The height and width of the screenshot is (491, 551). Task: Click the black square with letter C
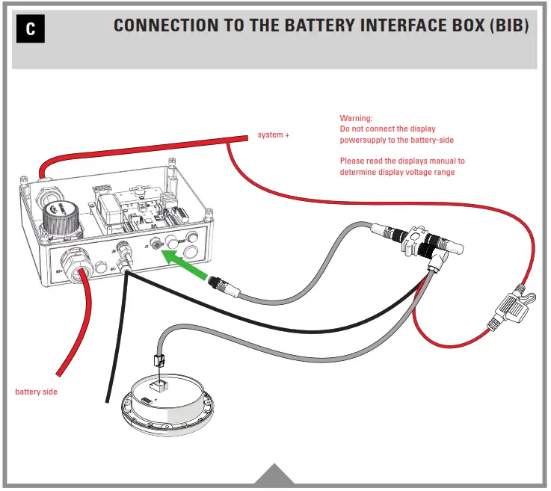(x=30, y=29)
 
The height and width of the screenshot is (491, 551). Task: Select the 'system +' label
(x=273, y=135)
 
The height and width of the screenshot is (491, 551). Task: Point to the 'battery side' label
(x=36, y=392)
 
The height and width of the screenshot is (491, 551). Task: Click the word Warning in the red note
(x=356, y=118)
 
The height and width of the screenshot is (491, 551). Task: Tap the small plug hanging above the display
(x=158, y=360)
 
